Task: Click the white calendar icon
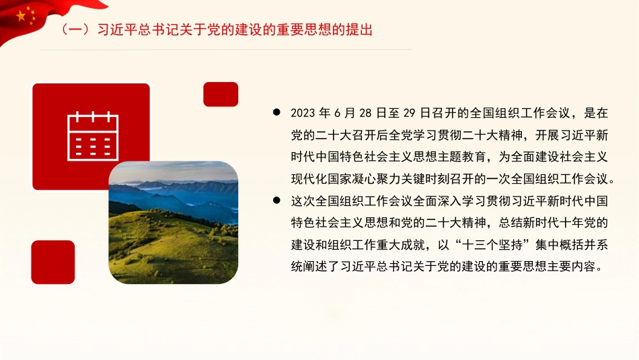pyautogui.click(x=93, y=137)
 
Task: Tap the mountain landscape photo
pyautogui.click(x=174, y=221)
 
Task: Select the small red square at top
pyautogui.click(x=221, y=94)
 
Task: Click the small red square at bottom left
pyautogui.click(x=53, y=262)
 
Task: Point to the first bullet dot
pyautogui.click(x=277, y=114)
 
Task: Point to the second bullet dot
pyautogui.click(x=277, y=201)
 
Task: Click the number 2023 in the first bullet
pyautogui.click(x=303, y=114)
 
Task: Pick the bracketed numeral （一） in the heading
pyautogui.click(x=73, y=30)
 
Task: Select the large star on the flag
pyautogui.click(x=21, y=15)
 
